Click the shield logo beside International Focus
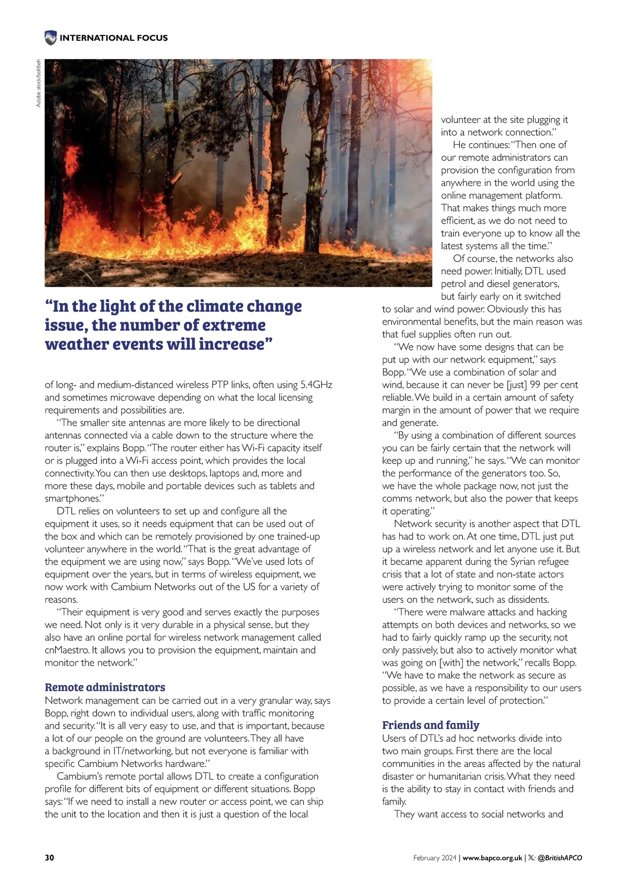(x=51, y=38)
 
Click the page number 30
(x=50, y=857)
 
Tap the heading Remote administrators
(x=105, y=687)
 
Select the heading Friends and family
(x=431, y=725)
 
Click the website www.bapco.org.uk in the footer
(x=492, y=858)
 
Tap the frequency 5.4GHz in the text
(x=316, y=384)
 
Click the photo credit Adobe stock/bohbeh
(x=38, y=84)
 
